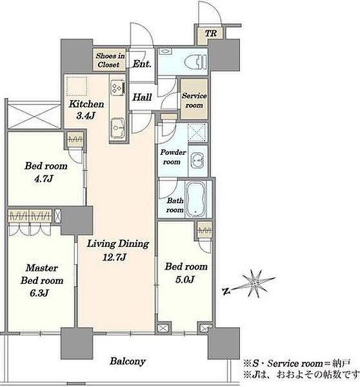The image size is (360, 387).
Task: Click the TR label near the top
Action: point(211,34)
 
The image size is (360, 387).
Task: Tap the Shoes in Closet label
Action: point(110,60)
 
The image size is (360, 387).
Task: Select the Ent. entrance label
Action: point(142,64)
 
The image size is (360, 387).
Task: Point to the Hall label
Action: point(142,97)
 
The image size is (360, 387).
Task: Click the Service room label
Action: point(194,100)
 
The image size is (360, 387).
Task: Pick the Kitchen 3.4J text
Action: point(86,110)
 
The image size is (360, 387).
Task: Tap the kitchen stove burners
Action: point(117,87)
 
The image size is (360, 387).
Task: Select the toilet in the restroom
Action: point(201,61)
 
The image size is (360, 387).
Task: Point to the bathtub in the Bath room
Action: point(195,199)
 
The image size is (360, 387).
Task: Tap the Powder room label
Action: point(173,157)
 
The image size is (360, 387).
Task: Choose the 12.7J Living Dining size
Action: point(115,257)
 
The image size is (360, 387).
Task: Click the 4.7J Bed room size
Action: point(43,178)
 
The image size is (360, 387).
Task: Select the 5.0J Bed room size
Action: point(185,279)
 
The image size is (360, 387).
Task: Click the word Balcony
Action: point(128,361)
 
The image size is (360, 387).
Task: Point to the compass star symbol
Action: point(256,283)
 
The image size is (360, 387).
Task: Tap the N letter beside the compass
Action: point(226,292)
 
